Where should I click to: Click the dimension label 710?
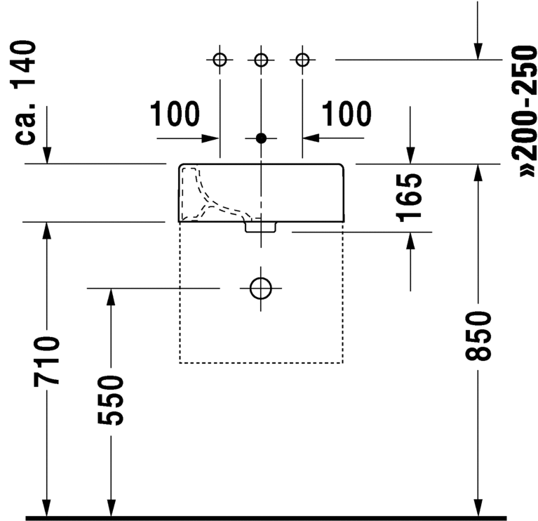[47, 362]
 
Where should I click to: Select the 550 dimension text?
[111, 400]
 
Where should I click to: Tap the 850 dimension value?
[478, 336]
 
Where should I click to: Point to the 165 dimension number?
[409, 198]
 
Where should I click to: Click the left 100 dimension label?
[175, 114]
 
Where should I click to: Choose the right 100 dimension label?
[347, 114]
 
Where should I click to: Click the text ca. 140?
[25, 92]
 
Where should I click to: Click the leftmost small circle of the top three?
[220, 60]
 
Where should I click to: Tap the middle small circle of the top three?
[261, 60]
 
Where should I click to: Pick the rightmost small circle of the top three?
[302, 60]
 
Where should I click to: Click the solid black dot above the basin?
[261, 138]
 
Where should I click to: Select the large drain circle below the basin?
[261, 288]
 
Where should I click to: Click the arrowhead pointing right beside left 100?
[210, 138]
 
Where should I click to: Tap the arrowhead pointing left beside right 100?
[311, 138]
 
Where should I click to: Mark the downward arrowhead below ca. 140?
[47, 155]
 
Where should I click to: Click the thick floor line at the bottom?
[266, 518]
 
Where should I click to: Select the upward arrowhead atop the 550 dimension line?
[111, 297]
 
